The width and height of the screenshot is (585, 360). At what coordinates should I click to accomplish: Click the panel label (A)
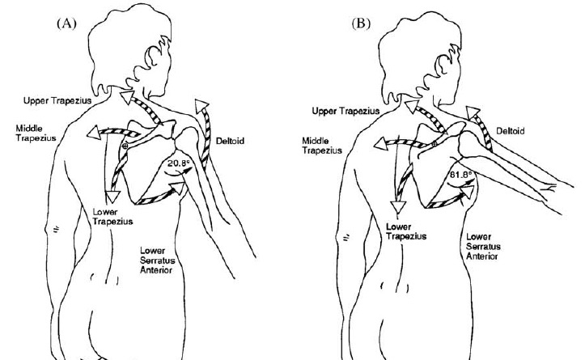[67, 23]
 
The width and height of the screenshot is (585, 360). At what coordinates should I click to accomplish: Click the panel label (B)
[361, 23]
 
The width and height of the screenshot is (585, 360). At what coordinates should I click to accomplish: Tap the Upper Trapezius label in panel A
[57, 101]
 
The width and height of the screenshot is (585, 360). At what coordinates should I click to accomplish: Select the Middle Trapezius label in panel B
[322, 146]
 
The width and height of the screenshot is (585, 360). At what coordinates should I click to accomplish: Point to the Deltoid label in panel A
[230, 141]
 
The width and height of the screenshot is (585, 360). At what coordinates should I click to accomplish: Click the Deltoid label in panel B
[511, 131]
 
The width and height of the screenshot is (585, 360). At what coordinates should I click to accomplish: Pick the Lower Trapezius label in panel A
[112, 217]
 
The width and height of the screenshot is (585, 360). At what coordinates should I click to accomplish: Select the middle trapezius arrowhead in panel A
[94, 133]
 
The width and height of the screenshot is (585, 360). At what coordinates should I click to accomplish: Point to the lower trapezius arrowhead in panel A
[112, 196]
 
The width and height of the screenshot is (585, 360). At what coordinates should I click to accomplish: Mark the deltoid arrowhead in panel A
[201, 106]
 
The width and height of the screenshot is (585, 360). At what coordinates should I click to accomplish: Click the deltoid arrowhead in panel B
[473, 112]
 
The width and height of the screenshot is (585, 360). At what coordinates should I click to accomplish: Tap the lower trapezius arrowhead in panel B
[398, 206]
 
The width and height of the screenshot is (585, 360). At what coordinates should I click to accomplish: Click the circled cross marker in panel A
[125, 146]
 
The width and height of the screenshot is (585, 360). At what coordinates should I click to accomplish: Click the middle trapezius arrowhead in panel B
[380, 144]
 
